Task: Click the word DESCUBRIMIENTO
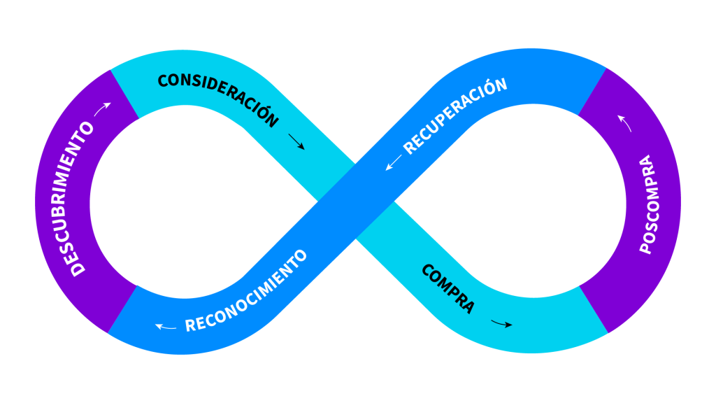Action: tap(78, 199)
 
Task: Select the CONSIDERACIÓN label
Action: tap(218, 98)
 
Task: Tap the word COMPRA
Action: tap(448, 288)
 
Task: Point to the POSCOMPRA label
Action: tap(648, 204)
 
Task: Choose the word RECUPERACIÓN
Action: tap(454, 116)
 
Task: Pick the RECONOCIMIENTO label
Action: tap(246, 291)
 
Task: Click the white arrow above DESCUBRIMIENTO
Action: tap(102, 109)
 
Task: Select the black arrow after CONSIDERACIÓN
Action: tap(296, 141)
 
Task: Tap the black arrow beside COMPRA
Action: tap(501, 324)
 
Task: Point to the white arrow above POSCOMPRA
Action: tap(624, 123)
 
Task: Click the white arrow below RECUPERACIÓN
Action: tap(393, 162)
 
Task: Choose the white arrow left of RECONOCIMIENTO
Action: tap(165, 327)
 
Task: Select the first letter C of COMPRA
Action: tap(427, 270)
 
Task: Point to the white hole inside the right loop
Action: tap(530, 201)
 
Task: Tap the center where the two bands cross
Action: tap(356, 201)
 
